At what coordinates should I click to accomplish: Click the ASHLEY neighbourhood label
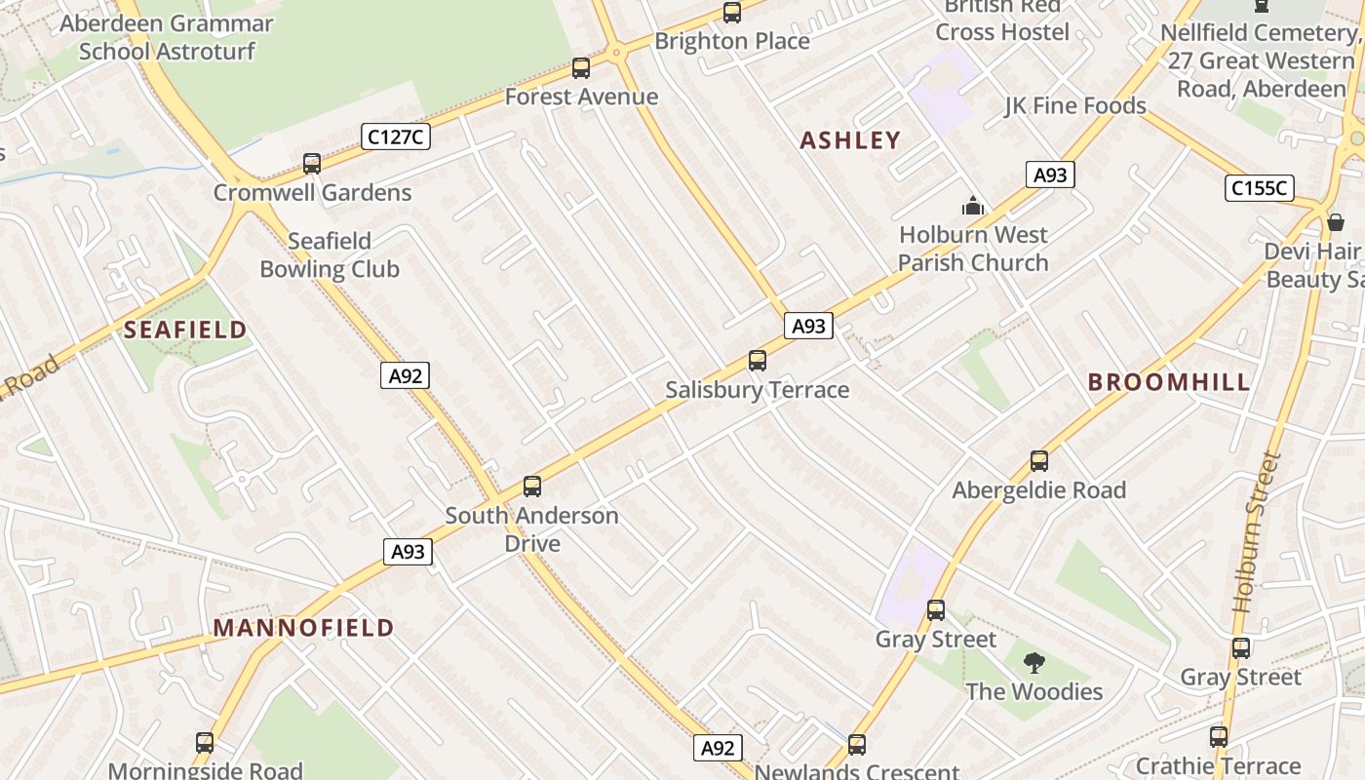tap(850, 140)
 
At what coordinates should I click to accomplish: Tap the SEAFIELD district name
tap(185, 330)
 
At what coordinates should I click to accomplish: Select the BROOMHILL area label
tap(1169, 382)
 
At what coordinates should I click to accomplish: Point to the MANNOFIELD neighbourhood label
tap(304, 628)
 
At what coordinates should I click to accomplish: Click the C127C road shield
tap(395, 136)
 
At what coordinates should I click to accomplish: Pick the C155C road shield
tap(1259, 188)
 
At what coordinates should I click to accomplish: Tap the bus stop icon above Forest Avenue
tap(581, 68)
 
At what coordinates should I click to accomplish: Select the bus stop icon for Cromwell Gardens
tap(312, 164)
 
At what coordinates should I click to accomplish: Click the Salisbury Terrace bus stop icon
tap(758, 361)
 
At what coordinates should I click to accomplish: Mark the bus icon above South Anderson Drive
tap(532, 486)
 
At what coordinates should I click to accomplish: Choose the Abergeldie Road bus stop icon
tap(1039, 461)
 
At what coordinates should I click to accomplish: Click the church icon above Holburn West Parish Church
tap(973, 206)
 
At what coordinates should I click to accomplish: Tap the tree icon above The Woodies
tap(1033, 664)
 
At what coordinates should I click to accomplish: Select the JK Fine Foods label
tap(1075, 105)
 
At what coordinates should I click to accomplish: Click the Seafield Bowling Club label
tap(330, 255)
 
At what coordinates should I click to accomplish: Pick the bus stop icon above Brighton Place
tap(731, 13)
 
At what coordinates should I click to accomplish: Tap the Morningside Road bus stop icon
tap(205, 743)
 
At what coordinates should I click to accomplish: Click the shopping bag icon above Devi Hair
tap(1336, 222)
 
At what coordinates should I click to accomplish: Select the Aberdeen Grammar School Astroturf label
tap(166, 37)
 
